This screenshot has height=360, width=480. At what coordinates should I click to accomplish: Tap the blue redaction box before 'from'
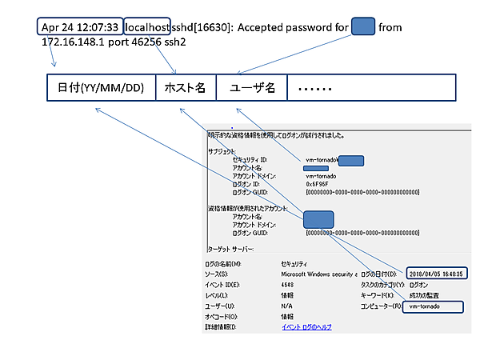(363, 26)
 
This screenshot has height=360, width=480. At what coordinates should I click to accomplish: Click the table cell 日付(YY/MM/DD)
(101, 87)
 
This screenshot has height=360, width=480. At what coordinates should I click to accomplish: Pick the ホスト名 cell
(186, 87)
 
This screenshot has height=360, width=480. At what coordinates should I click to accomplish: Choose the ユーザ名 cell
(251, 87)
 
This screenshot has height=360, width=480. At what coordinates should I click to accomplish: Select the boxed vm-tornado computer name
(432, 306)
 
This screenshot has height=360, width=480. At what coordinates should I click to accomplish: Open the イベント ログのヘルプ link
(306, 327)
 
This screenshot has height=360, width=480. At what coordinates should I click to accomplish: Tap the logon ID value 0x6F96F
(320, 183)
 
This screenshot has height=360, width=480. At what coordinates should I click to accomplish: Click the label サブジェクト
(222, 151)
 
